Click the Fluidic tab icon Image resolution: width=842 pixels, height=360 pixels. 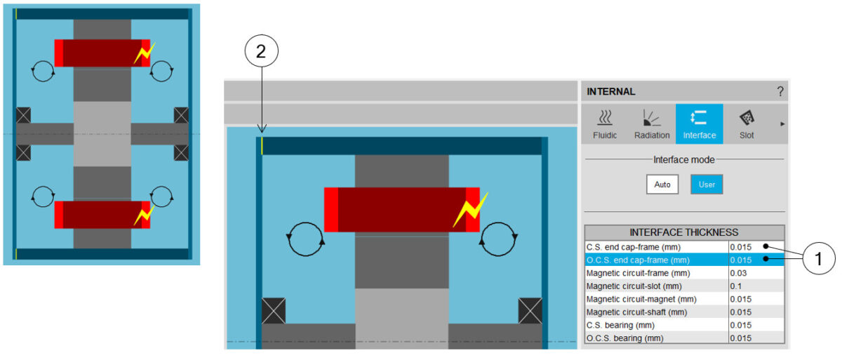coord(605,118)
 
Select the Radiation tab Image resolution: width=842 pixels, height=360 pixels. coord(652,124)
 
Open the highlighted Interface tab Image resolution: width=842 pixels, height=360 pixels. coord(699,124)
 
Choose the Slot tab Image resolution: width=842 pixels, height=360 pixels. coord(747,124)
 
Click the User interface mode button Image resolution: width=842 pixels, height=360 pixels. coord(707,185)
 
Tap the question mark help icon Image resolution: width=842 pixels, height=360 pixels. coord(780,91)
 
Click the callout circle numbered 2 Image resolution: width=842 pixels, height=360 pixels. coord(261,51)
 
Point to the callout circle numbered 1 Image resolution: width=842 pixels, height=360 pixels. coord(819,258)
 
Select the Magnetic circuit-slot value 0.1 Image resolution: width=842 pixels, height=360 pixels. coord(736,286)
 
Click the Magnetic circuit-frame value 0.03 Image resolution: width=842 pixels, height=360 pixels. coord(738,273)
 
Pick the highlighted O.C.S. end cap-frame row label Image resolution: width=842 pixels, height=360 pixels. coord(638,260)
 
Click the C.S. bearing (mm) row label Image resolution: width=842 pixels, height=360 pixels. coord(620,325)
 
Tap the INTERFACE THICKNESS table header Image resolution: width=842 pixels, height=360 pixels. coord(684,232)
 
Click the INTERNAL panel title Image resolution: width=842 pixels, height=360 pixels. coord(611,91)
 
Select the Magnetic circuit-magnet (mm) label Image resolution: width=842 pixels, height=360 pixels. coord(641,299)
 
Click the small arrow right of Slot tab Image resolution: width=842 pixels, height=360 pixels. coord(782,124)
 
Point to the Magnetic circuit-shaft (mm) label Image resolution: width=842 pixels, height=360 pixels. coord(637,312)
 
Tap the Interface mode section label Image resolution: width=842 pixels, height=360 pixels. coord(683,160)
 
